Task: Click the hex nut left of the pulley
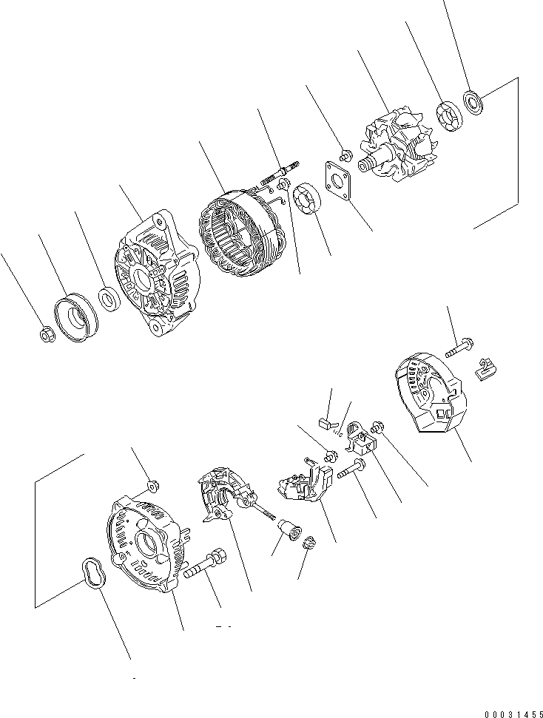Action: [46, 335]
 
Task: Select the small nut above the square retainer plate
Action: [345, 156]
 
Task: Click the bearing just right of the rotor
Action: [448, 116]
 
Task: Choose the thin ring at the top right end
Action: [472, 101]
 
